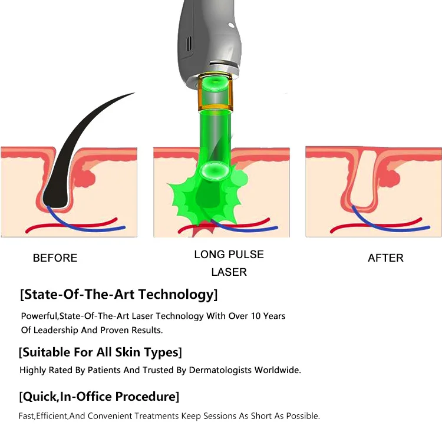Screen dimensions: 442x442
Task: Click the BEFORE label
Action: click(55, 258)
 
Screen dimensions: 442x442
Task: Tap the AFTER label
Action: click(385, 258)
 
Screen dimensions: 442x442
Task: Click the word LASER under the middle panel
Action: click(229, 272)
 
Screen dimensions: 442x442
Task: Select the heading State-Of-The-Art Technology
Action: click(118, 293)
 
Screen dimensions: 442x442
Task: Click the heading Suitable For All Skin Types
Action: click(100, 352)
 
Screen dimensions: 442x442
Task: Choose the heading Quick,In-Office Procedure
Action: click(99, 396)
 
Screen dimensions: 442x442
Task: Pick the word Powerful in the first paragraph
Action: click(39, 316)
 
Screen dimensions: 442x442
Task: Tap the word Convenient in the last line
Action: click(110, 416)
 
